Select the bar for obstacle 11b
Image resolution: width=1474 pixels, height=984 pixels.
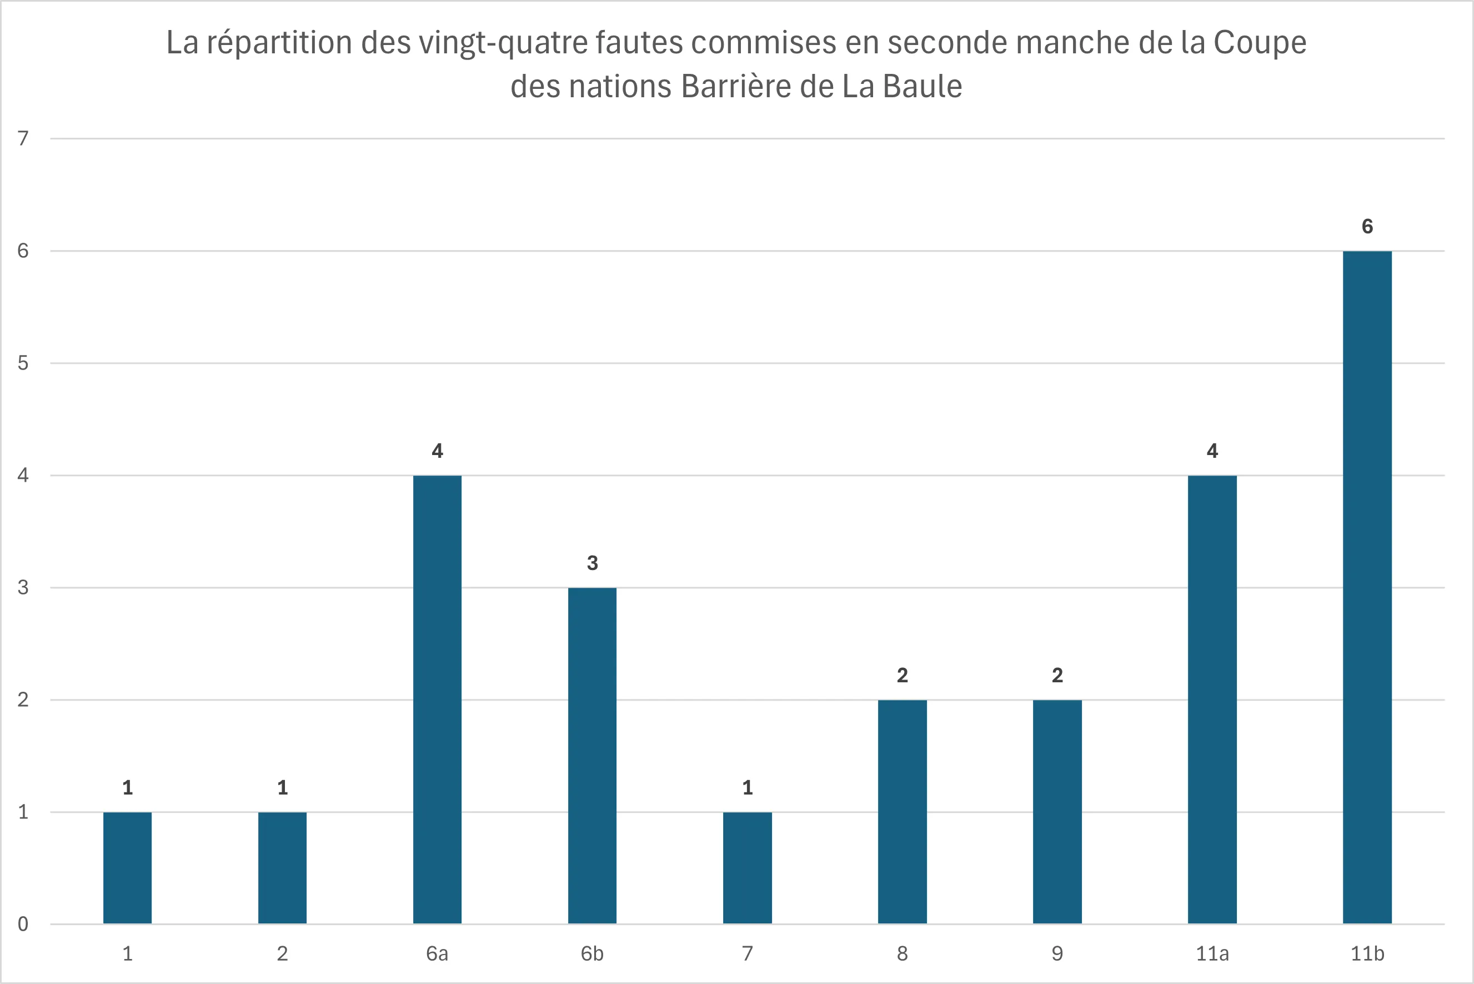1367,587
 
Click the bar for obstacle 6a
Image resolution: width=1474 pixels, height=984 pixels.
437,699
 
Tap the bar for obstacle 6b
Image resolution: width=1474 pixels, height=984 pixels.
592,755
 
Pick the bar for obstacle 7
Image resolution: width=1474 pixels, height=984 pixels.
747,867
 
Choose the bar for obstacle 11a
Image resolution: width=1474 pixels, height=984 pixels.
1212,699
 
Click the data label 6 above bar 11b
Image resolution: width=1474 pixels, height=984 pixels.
1367,227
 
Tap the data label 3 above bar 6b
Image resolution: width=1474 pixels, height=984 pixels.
592,563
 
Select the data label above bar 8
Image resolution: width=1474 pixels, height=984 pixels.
902,676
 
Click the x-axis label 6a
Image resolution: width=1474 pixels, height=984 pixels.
437,954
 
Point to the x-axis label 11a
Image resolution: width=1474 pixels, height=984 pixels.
1212,954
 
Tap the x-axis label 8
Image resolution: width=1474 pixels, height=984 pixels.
902,954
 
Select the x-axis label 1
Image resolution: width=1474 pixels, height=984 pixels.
127,954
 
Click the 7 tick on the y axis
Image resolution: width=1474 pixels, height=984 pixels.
23,138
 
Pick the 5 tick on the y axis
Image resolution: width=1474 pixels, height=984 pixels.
23,363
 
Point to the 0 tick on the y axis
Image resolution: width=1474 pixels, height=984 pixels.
23,924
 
